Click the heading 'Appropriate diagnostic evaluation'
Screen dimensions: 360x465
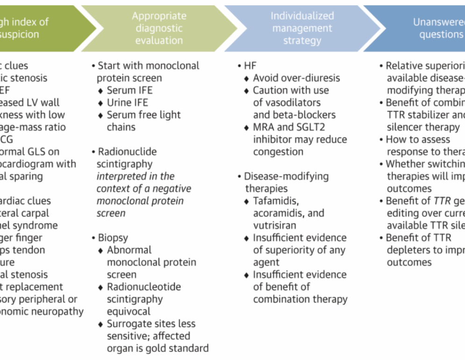159,28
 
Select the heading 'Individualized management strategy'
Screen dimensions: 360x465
302,28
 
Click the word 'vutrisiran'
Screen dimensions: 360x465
277,225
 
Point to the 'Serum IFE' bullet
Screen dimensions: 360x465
129,90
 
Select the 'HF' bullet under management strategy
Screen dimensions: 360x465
250,66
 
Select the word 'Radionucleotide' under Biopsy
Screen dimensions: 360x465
143,287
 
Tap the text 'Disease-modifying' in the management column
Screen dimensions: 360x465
286,176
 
